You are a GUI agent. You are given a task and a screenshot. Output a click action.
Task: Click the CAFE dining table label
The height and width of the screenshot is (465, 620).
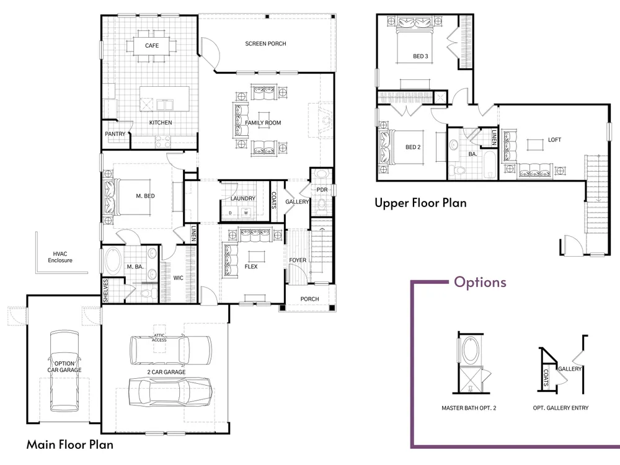(152, 45)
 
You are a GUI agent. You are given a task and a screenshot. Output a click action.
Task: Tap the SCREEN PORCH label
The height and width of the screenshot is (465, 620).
(265, 43)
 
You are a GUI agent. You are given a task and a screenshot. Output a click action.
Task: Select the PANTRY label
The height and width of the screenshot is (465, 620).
(115, 134)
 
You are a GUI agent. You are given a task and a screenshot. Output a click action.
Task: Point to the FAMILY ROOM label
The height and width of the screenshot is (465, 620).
(263, 123)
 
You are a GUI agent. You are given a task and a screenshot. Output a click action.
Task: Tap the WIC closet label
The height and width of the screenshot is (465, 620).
(179, 278)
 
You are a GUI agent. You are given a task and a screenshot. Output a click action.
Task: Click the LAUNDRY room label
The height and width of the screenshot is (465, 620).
(243, 198)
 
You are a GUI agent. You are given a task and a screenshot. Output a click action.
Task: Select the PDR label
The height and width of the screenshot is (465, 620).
(322, 190)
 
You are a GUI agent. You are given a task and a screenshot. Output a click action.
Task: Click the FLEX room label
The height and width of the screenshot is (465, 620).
(250, 267)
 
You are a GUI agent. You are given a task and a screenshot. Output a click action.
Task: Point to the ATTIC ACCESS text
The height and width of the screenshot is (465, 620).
(159, 338)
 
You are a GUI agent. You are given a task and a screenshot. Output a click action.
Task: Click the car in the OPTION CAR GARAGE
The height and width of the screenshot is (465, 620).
(64, 371)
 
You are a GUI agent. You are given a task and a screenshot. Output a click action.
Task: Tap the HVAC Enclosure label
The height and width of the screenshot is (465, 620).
(60, 257)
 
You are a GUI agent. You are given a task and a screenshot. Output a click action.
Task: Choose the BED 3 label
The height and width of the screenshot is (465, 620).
(420, 56)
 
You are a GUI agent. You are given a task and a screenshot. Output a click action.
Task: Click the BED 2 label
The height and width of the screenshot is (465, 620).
(413, 147)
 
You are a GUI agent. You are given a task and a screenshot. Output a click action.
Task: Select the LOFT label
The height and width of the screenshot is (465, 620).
(554, 139)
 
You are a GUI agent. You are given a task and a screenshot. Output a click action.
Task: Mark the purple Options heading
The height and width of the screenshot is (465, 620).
(480, 282)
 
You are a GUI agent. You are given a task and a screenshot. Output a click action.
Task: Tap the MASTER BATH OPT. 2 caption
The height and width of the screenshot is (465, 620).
(469, 408)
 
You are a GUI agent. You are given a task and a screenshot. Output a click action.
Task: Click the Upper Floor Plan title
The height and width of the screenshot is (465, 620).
(420, 203)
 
